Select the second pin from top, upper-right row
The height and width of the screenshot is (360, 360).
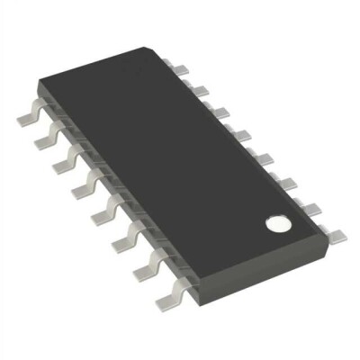[x=199, y=88]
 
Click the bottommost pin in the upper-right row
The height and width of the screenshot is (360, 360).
[x=337, y=236]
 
